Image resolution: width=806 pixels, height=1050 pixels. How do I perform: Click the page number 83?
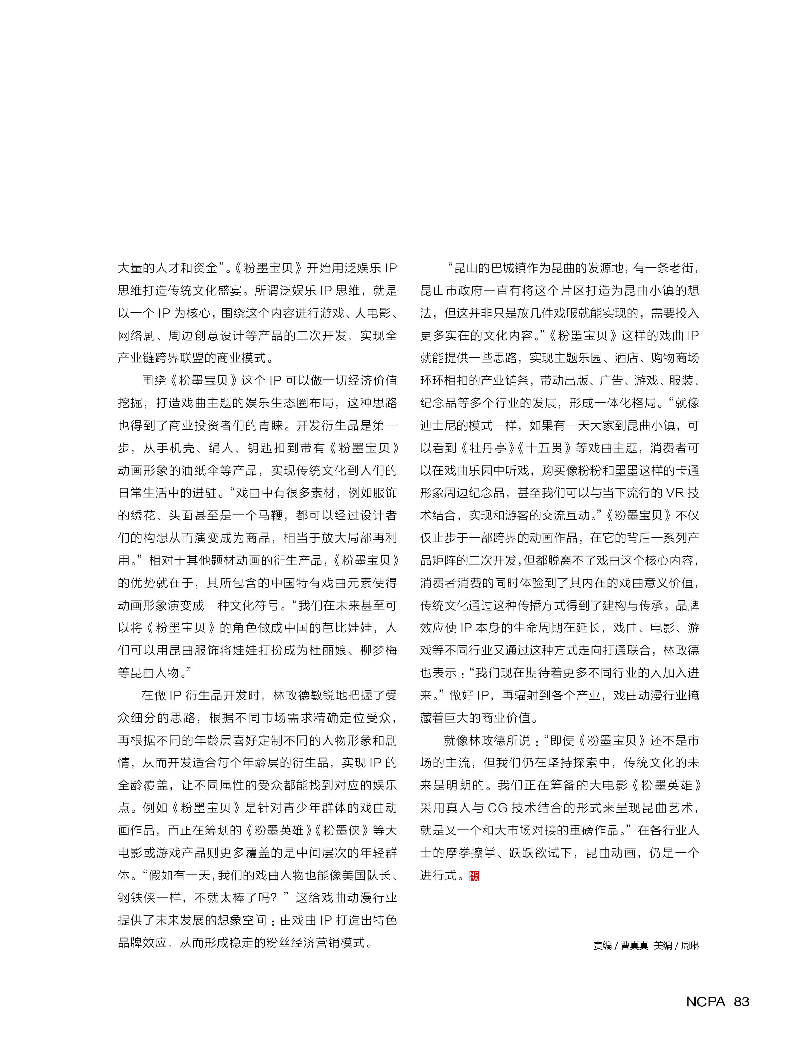(741, 1001)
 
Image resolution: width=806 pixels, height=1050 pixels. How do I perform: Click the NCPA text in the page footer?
(705, 1001)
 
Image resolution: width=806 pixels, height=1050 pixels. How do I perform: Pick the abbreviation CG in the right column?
(497, 808)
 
